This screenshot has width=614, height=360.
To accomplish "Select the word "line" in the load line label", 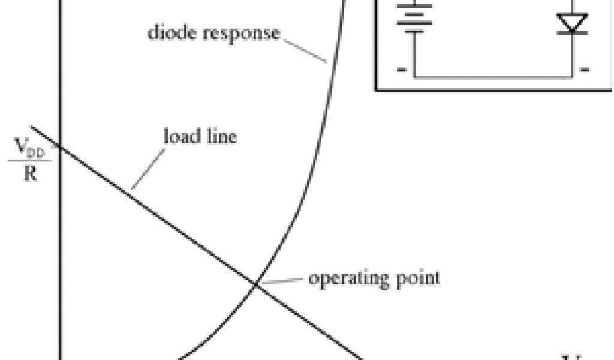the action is [x=221, y=136].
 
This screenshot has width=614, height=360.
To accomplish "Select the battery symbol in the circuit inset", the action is [x=414, y=18].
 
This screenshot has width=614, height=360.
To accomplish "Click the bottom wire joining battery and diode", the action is [x=492, y=77].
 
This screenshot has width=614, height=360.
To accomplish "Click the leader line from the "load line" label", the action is [x=148, y=169].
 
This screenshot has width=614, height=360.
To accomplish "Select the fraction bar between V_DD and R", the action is [x=29, y=160].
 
